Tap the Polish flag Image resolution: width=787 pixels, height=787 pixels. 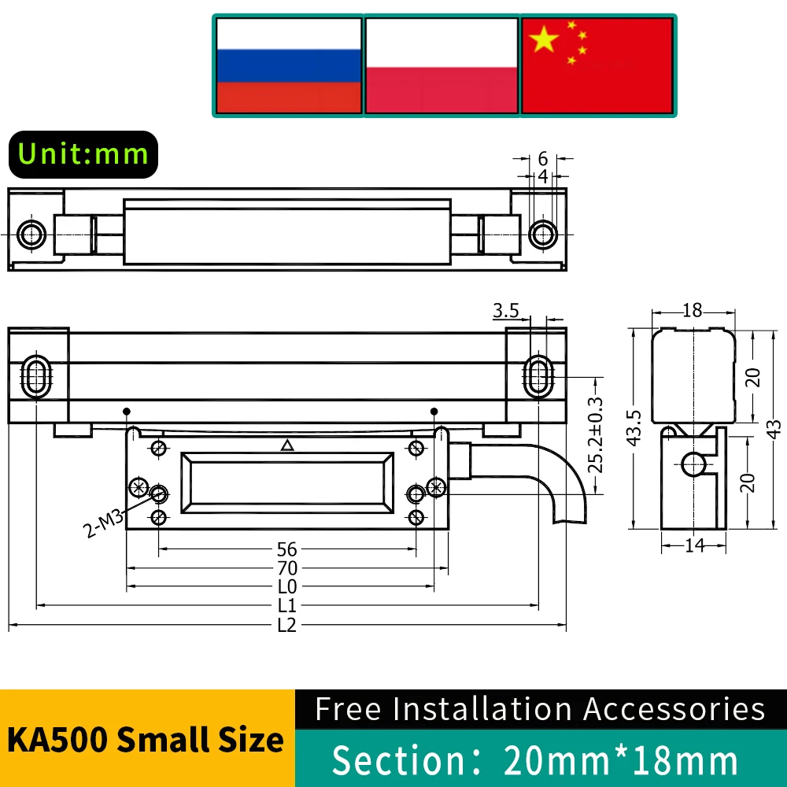click(x=442, y=65)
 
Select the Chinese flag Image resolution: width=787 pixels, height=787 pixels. click(x=597, y=65)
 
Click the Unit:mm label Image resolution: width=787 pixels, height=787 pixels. click(x=83, y=153)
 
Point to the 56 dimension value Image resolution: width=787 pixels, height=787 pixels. click(x=287, y=549)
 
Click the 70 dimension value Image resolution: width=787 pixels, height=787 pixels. click(x=287, y=568)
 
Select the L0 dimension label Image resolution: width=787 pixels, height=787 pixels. click(x=287, y=587)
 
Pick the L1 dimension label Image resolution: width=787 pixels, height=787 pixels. click(x=287, y=607)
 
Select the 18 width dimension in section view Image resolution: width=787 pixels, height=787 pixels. click(x=693, y=310)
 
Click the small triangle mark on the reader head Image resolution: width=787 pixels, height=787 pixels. click(x=287, y=446)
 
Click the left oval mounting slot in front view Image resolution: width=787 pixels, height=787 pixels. click(x=36, y=376)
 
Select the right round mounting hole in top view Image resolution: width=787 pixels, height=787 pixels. click(x=541, y=234)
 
